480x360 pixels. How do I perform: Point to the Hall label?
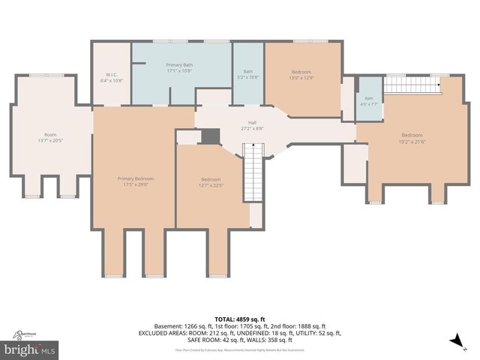pyautogui.click(x=253, y=126)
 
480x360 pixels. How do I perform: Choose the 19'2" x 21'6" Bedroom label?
pyautogui.click(x=412, y=138)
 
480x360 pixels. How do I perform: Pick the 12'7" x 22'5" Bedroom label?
pyautogui.click(x=211, y=182)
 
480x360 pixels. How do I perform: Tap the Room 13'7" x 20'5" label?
pyautogui.click(x=50, y=137)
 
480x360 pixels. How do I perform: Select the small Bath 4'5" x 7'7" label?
pyautogui.click(x=369, y=100)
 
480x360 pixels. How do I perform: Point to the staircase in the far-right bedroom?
pyautogui.click(x=412, y=85)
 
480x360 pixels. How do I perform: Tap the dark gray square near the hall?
pyautogui.click(x=211, y=136)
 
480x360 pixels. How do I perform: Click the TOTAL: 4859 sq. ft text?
pyautogui.click(x=239, y=319)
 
